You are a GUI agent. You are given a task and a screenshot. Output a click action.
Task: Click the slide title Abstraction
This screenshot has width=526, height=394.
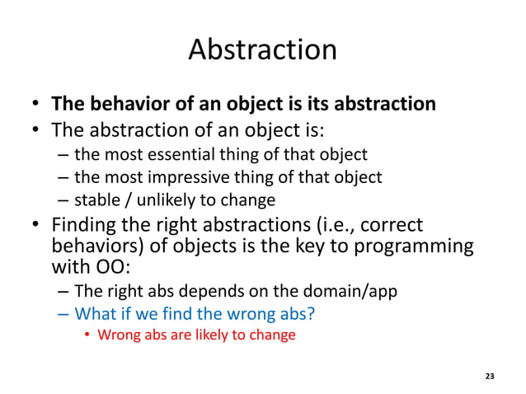(262, 49)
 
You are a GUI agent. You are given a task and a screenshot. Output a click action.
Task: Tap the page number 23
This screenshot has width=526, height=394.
(490, 376)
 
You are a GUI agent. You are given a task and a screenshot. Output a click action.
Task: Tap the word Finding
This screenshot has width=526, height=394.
(87, 224)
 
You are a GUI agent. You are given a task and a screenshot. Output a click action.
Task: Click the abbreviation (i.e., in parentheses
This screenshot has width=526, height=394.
(337, 224)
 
